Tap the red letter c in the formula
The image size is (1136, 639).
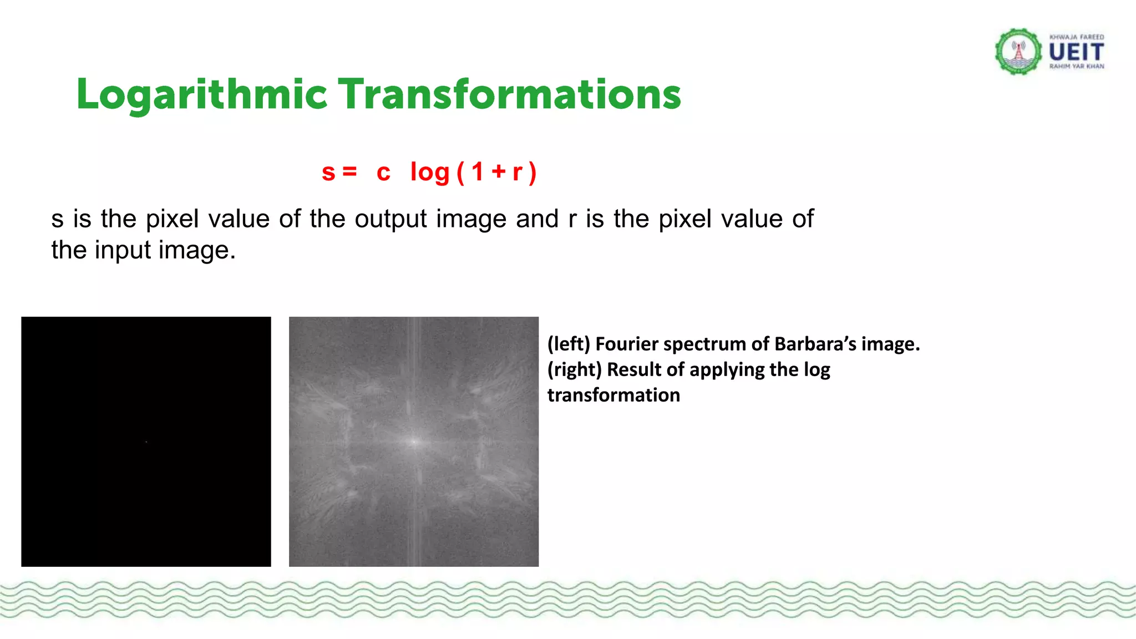pos(383,173)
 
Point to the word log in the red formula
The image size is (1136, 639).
pos(430,173)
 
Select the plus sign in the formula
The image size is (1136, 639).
pos(499,171)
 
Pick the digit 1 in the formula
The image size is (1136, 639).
pos(478,172)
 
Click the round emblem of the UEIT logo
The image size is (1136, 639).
pos(1018,52)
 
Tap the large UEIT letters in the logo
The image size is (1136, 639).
pos(1076,53)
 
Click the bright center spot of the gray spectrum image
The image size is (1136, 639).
pos(413,442)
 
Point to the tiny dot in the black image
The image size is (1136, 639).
pos(146,442)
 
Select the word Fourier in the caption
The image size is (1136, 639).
pos(626,344)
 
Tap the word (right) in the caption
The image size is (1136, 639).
pos(574,370)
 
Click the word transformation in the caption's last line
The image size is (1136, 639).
pos(613,395)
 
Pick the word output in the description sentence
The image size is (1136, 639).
pos(391,219)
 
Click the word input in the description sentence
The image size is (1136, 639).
pos(123,250)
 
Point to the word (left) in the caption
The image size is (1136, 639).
pos(569,344)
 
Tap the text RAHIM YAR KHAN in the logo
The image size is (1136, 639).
pos(1076,67)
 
